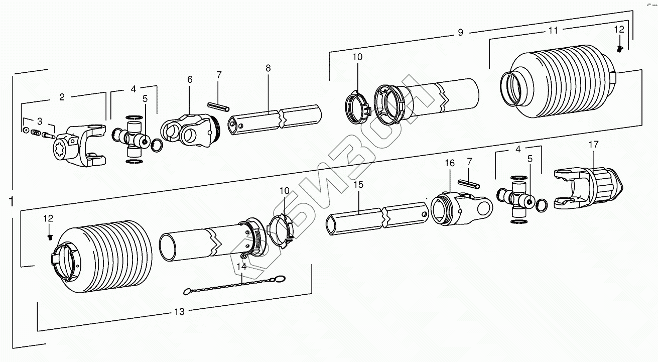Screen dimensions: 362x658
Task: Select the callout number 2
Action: [x=62, y=97]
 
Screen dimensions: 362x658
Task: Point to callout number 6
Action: [x=190, y=79]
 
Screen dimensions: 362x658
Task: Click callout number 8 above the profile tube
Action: [x=268, y=68]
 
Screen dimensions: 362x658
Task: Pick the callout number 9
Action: [x=460, y=33]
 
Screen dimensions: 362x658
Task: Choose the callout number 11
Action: [x=553, y=31]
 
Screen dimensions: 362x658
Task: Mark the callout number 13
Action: [x=179, y=312]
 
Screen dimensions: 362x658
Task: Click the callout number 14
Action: [x=242, y=267]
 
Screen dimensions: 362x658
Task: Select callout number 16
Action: [x=449, y=163]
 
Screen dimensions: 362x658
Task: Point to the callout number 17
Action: [x=593, y=145]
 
